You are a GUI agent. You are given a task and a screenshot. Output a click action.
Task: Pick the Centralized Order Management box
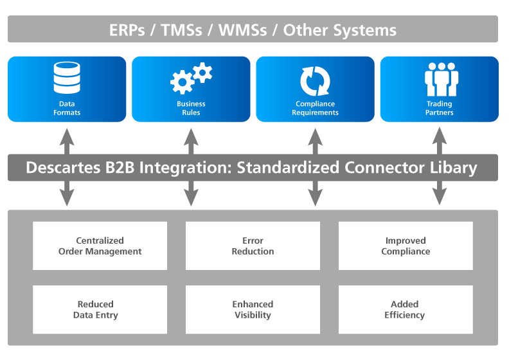point(100,246)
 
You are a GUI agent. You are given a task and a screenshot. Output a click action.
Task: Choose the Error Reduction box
point(253,246)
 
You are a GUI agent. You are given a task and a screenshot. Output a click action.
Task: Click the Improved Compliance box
point(406,246)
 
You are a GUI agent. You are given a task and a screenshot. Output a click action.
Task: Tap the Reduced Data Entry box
point(100,309)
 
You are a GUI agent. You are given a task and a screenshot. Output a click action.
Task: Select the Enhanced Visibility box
point(253,309)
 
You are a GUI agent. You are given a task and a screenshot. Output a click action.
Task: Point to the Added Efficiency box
point(406,309)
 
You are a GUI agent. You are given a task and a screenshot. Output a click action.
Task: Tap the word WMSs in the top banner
point(244,30)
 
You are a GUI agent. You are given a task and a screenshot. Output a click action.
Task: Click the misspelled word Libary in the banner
point(453,168)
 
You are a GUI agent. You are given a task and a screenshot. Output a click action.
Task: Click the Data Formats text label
point(67,108)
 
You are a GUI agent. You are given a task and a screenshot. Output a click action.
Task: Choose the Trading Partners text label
point(440,108)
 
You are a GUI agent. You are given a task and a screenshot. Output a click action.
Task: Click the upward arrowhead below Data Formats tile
point(67,132)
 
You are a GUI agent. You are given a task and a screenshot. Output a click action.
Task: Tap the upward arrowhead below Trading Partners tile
point(440,132)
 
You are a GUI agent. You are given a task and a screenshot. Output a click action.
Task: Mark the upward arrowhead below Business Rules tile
point(191,132)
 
